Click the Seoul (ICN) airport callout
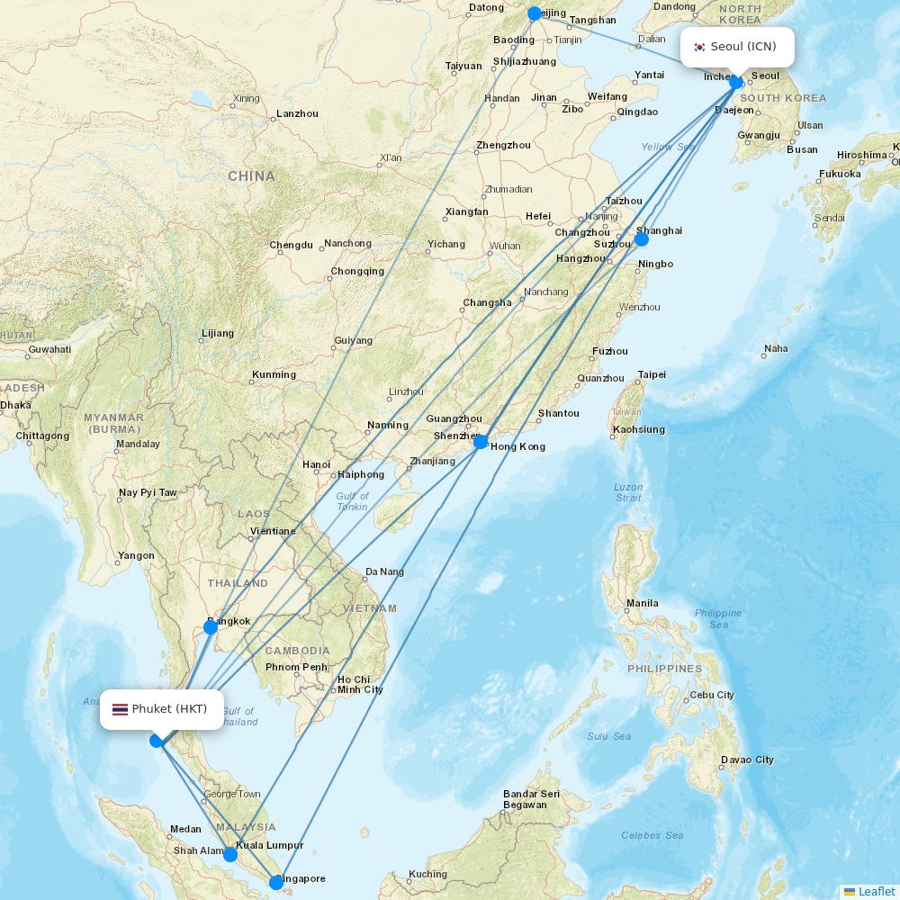737,47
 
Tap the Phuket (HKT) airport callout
161,709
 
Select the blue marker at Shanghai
642,239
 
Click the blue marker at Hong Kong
481,441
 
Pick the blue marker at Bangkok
211,626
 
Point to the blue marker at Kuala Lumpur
230,854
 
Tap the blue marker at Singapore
276,883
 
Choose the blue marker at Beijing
535,13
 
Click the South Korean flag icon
699,48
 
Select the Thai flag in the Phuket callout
120,709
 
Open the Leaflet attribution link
876,891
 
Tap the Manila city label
643,603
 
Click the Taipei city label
652,374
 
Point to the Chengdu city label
291,245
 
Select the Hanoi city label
317,464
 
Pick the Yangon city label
137,555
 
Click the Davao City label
747,760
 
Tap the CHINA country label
251,176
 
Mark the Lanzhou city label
297,113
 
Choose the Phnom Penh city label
296,667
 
